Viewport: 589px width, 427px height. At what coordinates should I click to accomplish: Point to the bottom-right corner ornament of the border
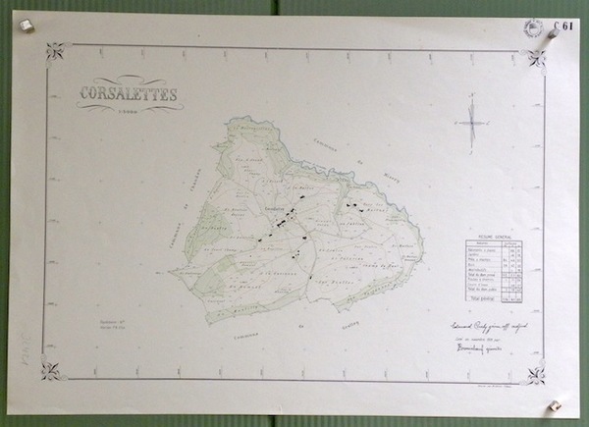tap(535, 374)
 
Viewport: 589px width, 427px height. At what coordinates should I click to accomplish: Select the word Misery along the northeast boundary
tap(381, 180)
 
